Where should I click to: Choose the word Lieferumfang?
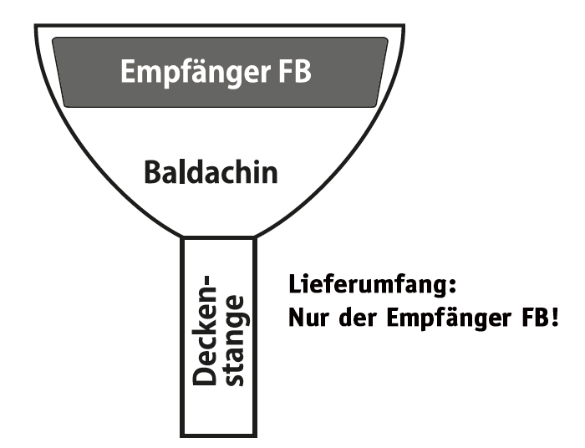(x=368, y=286)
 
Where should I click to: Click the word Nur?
(x=308, y=319)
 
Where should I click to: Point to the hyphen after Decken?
(x=210, y=276)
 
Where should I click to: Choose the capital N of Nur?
(x=296, y=319)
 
